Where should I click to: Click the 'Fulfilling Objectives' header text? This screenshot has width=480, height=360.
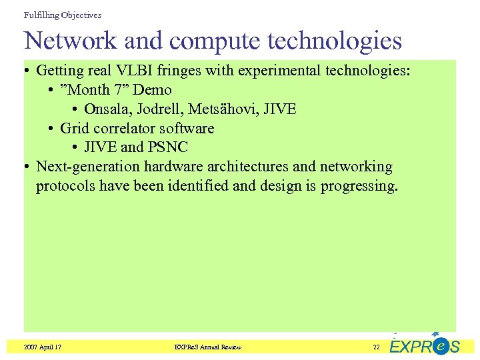[63, 15]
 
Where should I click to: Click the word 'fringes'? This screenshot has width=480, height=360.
[177, 71]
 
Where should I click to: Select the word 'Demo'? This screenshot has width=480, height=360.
[153, 90]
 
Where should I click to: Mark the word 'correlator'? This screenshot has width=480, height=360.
[121, 128]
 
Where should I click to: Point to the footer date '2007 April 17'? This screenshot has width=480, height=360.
[43, 347]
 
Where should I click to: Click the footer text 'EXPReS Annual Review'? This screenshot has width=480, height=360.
[207, 347]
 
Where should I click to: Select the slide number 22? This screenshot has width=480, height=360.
[377, 347]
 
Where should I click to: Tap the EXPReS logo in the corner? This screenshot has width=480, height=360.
[424, 345]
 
